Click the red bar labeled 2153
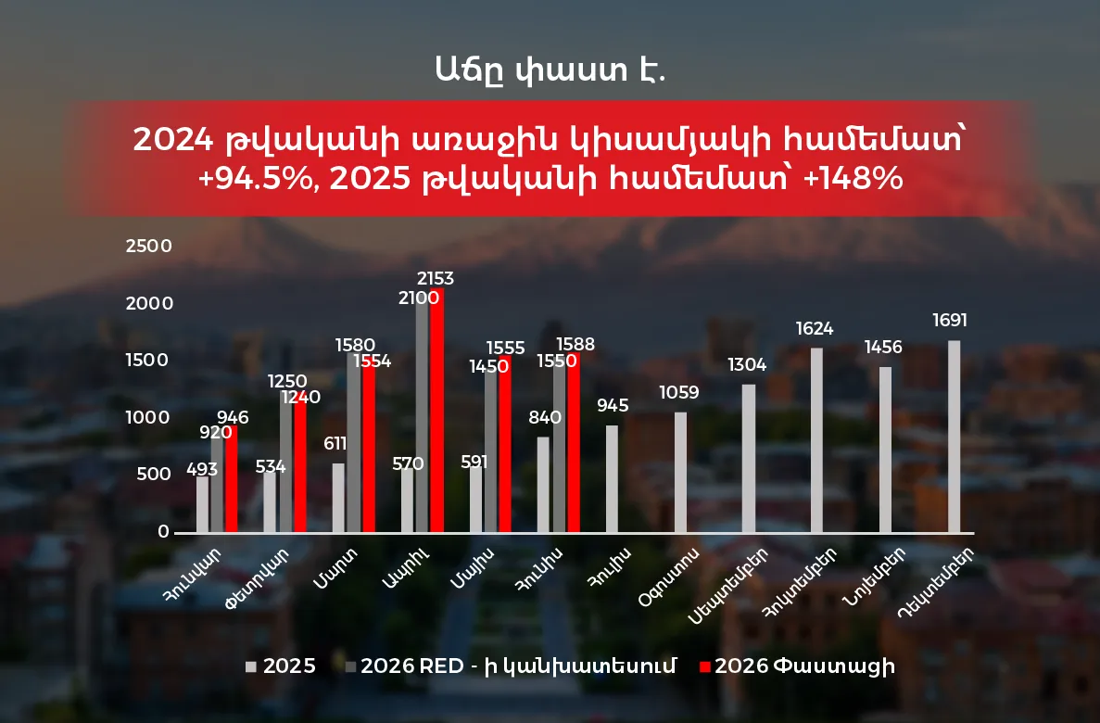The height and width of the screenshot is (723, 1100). point(437,410)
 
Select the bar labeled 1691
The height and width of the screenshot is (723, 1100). point(955,436)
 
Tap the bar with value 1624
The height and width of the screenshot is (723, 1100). point(816,440)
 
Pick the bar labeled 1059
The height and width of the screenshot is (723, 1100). point(680,472)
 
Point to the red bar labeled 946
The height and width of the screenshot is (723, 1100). point(231,478)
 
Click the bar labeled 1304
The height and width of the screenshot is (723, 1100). point(749,459)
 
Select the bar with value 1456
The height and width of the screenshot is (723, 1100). point(885,450)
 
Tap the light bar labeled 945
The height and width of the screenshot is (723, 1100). point(612,478)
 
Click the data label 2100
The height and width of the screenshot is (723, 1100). point(419,298)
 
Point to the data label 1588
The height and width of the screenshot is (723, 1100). point(575,344)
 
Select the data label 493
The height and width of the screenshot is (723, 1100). point(202,469)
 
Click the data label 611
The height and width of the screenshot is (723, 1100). point(335,444)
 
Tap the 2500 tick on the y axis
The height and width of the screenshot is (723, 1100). point(148,246)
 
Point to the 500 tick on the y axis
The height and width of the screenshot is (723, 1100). point(154,474)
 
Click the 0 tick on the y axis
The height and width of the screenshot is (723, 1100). point(163,531)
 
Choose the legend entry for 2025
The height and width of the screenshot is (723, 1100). point(281,666)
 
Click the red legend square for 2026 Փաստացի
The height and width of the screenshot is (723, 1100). point(705,666)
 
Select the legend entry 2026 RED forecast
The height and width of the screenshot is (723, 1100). point(511,666)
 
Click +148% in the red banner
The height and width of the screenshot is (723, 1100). point(853,178)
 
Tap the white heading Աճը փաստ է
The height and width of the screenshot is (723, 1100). point(550,70)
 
